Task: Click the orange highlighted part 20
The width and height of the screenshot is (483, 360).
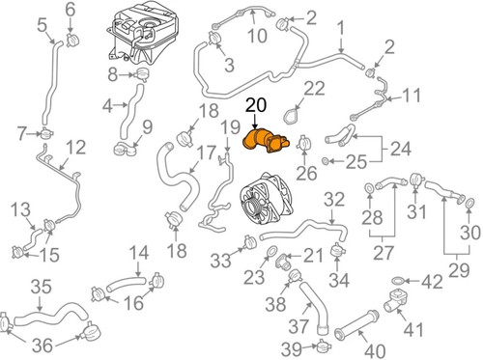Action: pos(265,142)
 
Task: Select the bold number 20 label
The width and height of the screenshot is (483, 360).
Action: pos(256,105)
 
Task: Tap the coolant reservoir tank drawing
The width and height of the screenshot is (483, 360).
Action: pos(142,32)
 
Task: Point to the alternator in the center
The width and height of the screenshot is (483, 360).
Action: pos(266,200)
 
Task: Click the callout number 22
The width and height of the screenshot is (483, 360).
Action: pos(314,88)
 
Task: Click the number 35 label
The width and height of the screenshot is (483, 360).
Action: pos(42,287)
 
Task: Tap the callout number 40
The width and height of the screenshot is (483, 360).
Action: pos(376,350)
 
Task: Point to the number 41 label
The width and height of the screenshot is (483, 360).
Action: pos(413,329)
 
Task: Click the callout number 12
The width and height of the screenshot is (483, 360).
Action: pos(76,147)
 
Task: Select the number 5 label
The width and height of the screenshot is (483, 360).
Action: pos(43,25)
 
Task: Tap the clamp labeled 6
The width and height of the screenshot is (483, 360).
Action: pos(72,40)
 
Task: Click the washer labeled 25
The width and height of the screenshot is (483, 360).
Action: pos(326,160)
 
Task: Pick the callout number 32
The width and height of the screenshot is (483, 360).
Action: pos(334,200)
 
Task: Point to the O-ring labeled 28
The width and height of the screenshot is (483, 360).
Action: pos(369,187)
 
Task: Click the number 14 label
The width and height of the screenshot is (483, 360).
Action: pos(139,253)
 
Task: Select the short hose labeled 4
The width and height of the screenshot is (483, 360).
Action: pos(130,111)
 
